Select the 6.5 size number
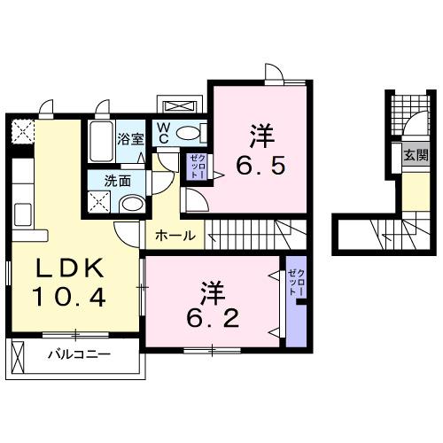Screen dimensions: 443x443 click(x=260, y=165)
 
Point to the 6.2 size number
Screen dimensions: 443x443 click(x=212, y=316)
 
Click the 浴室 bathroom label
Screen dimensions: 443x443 click(x=131, y=139)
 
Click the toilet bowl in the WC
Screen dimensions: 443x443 click(x=189, y=133)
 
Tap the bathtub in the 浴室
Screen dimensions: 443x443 click(x=100, y=139)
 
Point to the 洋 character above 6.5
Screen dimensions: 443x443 click(x=260, y=136)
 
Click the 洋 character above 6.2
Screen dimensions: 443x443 click(x=212, y=290)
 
